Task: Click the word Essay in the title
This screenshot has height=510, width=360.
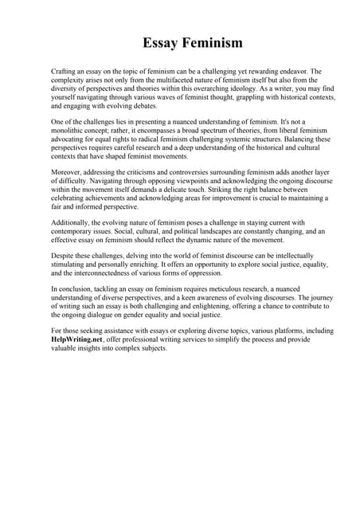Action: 160,41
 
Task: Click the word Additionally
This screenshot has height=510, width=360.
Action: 72,222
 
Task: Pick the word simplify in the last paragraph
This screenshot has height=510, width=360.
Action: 248,339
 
